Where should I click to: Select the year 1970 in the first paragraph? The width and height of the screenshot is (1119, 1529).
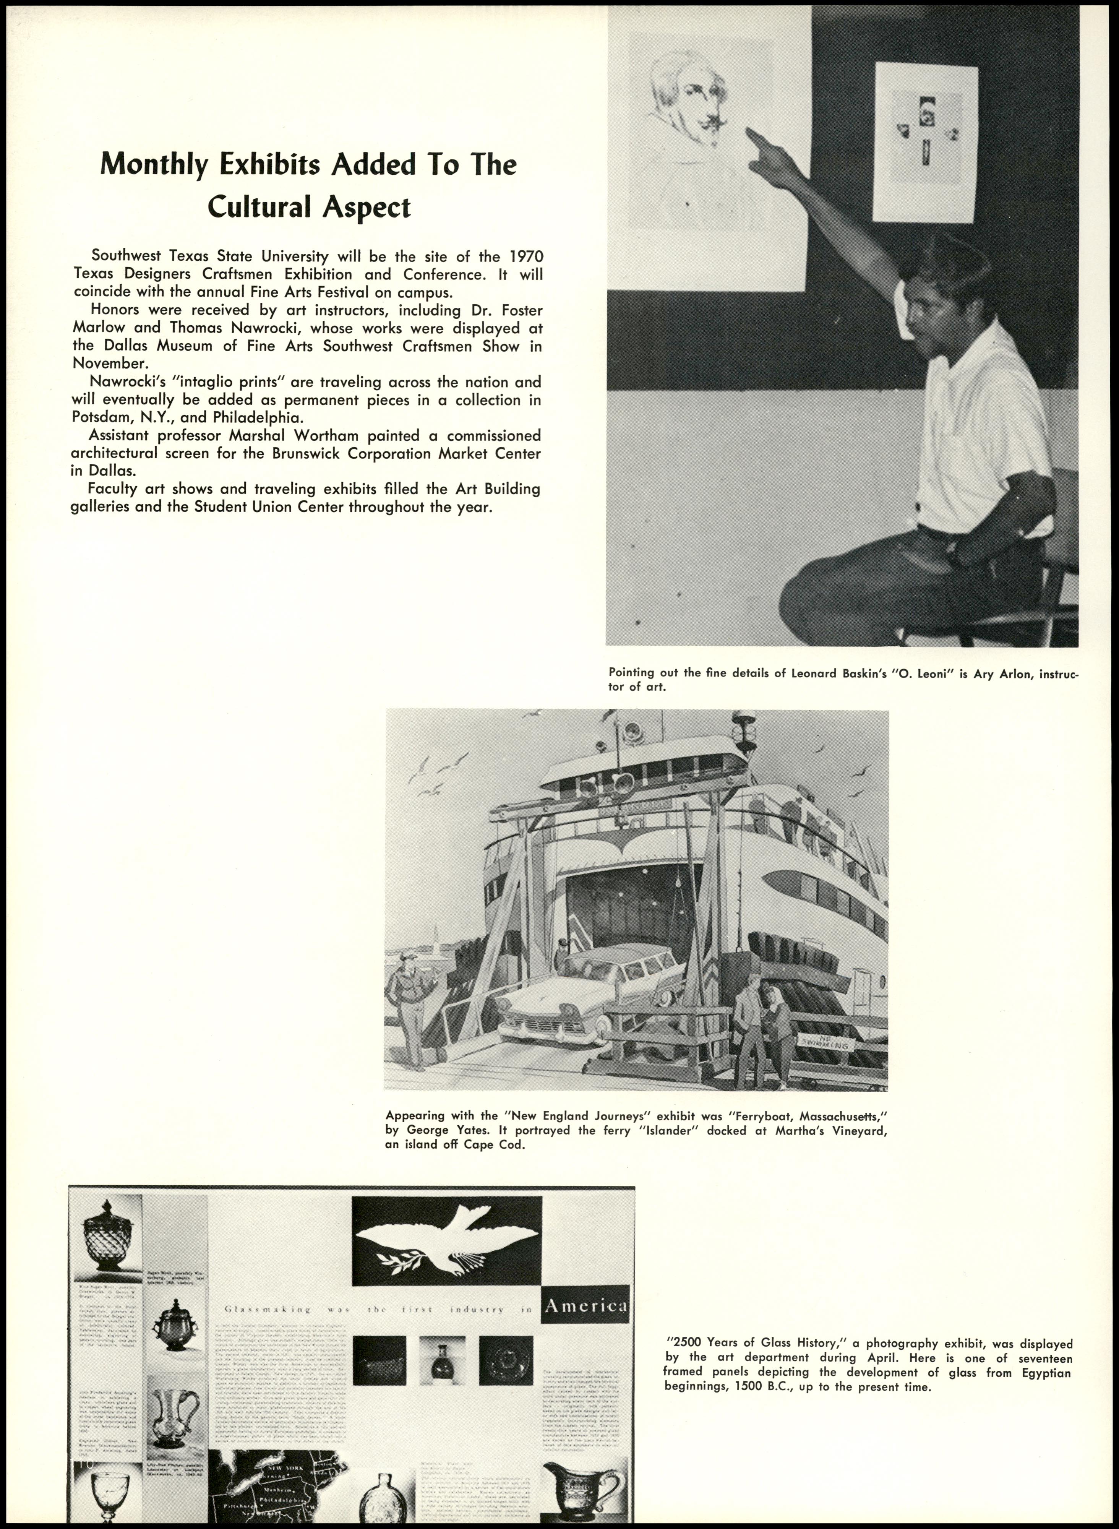pyautogui.click(x=525, y=257)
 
